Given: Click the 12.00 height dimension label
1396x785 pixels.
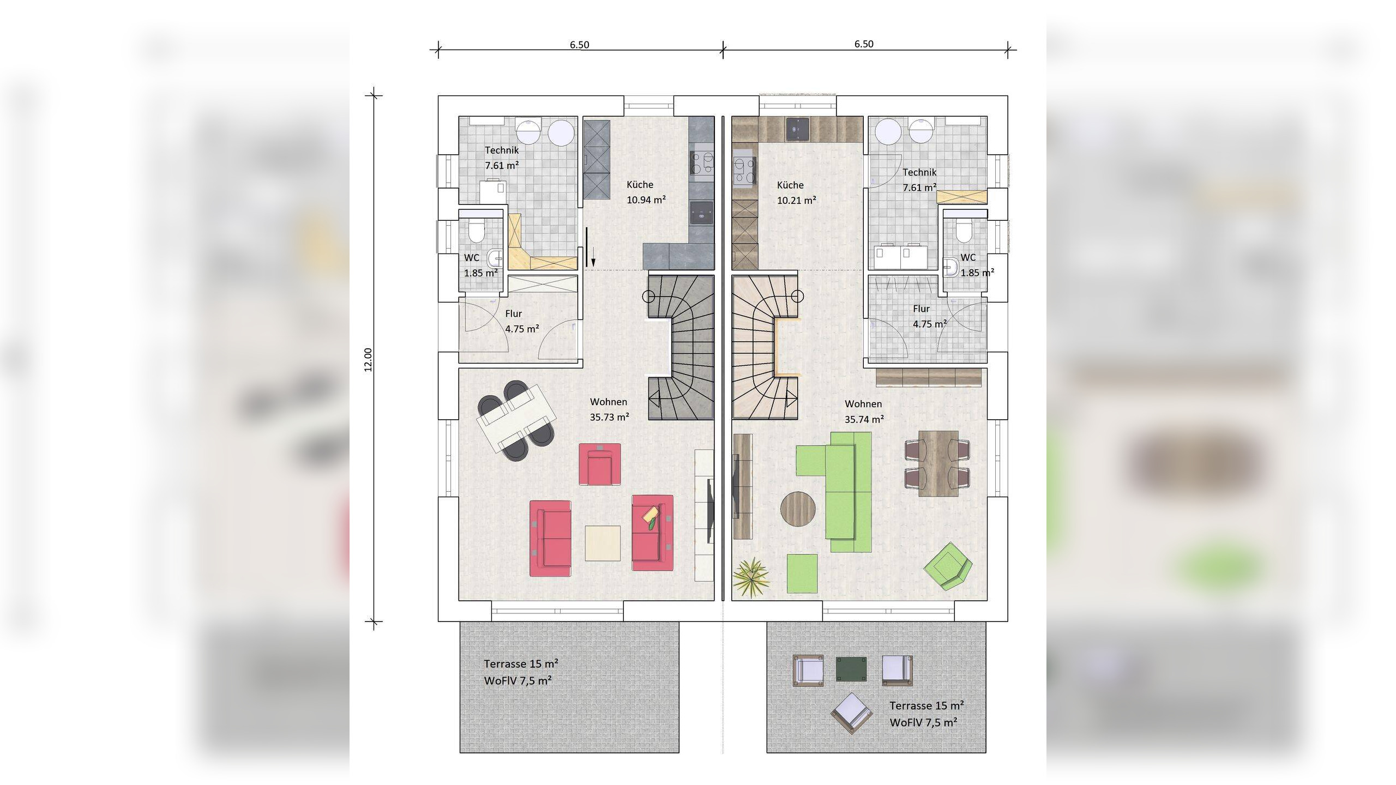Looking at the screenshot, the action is (368, 360).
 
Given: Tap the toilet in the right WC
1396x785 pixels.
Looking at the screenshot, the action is (964, 231).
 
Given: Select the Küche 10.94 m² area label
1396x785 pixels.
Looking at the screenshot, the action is (646, 192).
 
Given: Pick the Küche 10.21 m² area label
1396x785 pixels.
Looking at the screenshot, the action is (797, 192).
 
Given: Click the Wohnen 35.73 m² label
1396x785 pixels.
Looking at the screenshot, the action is (610, 409).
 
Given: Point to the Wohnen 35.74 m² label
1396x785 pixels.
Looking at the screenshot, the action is (864, 412).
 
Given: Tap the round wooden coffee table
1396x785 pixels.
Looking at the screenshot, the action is (798, 509).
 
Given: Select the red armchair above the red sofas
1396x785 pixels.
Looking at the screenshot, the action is (600, 464).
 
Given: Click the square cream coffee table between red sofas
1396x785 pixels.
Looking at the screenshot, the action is (603, 543).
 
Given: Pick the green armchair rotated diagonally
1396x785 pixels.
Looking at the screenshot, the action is (948, 566).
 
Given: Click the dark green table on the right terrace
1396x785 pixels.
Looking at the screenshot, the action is (851, 669).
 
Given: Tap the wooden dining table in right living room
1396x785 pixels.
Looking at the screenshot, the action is (938, 463).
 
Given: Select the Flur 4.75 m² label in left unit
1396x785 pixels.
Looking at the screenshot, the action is (522, 321).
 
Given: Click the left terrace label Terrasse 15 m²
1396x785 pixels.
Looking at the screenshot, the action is (521, 663).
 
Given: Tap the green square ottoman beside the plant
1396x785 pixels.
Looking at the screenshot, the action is (802, 573).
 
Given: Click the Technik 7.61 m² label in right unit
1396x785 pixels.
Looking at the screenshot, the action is (919, 180).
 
